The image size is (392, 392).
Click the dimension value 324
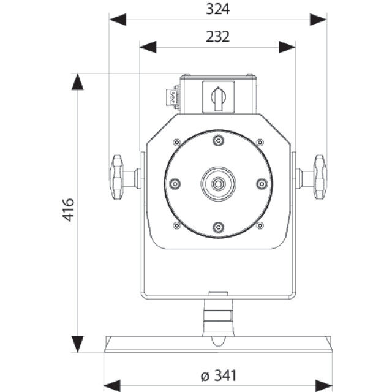[217, 10]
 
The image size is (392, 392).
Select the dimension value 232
[217, 37]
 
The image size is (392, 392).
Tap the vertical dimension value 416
[68, 209]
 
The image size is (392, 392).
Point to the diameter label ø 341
[217, 375]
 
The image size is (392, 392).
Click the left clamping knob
[118, 177]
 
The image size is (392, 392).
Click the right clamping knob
[318, 177]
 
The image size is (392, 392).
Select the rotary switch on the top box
[218, 97]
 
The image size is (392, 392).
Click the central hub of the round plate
[218, 183]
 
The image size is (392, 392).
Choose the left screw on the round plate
[175, 183]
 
